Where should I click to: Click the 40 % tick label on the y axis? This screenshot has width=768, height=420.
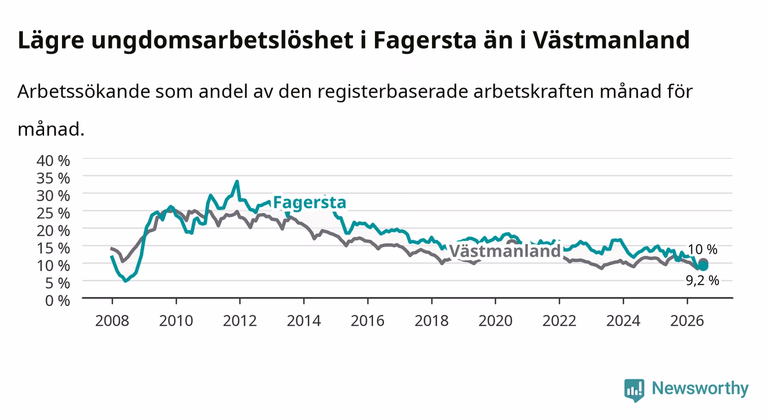coord(53,161)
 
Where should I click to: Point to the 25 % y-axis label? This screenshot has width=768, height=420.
coord(53,213)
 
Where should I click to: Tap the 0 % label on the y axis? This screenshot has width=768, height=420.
coord(57,300)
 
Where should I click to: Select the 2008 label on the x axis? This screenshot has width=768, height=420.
coord(112,321)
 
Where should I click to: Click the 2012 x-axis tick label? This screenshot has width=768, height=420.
coord(240,321)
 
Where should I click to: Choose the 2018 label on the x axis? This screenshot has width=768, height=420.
coord(432,321)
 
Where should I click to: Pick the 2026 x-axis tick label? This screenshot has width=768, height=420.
coord(687,321)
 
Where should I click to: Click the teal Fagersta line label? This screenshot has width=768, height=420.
coord(309,203)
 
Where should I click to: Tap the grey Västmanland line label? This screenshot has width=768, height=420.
coord(505,251)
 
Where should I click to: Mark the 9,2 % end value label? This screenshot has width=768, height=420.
coord(702,281)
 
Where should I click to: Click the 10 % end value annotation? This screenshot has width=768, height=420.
coord(703,249)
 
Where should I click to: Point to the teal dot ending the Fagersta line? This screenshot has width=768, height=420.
coord(703,266)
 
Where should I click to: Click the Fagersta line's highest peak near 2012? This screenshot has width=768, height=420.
coord(237,181)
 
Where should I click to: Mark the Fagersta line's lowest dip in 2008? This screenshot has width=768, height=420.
coord(126,281)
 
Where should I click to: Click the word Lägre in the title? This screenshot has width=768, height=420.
coord(51,41)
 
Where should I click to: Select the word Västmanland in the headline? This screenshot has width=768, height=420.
coord(611,39)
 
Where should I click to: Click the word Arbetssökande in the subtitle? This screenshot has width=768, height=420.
coord(84,92)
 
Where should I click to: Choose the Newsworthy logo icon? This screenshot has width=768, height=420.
coord(634,390)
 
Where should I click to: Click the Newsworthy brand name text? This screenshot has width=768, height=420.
coord(700,389)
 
